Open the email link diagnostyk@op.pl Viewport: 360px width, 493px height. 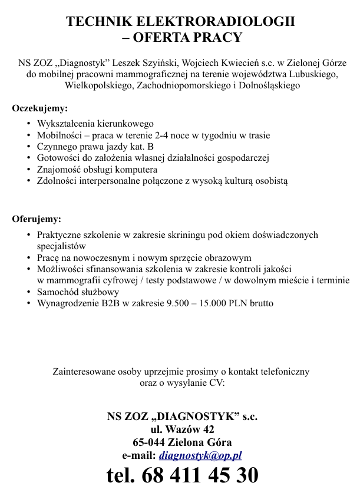[201, 455]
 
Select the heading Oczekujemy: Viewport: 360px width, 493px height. [40, 108]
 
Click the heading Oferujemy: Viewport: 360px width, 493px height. [37, 220]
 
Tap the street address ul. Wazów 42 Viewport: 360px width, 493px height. [183, 429]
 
